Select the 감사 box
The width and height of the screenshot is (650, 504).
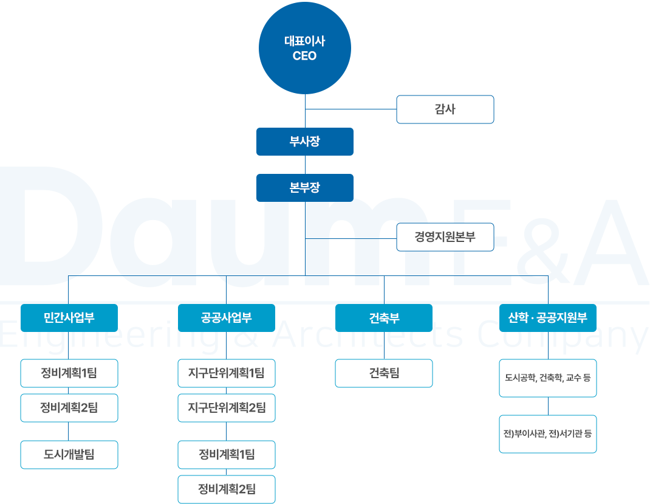(445, 109)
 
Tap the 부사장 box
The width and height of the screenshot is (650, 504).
(305, 142)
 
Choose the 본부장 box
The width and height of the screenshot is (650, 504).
(305, 188)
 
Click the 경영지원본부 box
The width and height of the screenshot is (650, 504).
(445, 237)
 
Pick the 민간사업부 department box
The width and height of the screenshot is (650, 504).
(69, 318)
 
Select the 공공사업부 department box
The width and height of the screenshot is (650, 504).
(227, 318)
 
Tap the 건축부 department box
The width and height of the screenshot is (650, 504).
(384, 318)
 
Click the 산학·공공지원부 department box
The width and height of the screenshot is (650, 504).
(548, 318)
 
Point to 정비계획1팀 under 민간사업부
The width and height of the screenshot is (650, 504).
(69, 373)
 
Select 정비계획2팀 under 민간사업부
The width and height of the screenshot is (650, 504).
(69, 408)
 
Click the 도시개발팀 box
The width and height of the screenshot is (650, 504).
(69, 455)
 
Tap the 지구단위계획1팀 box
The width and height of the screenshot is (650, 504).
(227, 373)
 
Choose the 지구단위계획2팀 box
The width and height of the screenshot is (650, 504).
(227, 408)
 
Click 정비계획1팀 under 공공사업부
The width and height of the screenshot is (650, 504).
(227, 455)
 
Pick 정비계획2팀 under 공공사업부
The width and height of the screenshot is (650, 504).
(227, 489)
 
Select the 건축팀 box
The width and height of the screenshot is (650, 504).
(384, 373)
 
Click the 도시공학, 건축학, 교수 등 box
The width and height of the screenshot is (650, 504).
(548, 378)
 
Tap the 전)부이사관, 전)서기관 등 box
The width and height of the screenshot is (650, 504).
(548, 434)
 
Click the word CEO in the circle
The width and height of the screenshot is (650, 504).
(305, 56)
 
